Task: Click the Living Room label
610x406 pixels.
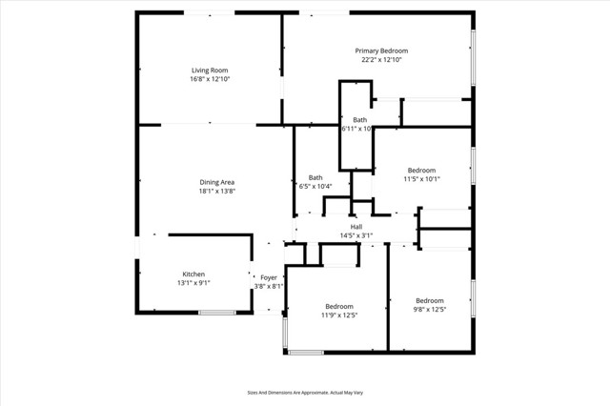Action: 210,70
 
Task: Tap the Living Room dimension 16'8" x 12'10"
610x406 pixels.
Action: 210,79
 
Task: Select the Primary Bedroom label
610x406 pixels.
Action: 381,51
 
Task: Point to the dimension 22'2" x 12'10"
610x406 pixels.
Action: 381,60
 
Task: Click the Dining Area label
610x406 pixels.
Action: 216,182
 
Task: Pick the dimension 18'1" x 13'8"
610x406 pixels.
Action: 216,192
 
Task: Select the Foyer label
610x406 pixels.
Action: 269,277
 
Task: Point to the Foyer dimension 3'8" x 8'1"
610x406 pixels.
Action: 269,287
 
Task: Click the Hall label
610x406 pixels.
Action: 356,226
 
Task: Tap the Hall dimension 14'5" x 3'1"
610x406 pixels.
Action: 356,235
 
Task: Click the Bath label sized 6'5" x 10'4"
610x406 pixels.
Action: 315,177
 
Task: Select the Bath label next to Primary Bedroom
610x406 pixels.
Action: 359,119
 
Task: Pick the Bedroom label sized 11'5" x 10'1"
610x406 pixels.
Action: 421,170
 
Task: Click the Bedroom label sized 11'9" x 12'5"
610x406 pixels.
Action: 338,306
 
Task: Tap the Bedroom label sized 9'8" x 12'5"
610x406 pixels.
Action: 429,300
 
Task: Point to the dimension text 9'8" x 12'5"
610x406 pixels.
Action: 429,310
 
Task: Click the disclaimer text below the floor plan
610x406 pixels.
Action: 305,392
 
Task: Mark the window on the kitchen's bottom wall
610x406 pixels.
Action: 217,313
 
